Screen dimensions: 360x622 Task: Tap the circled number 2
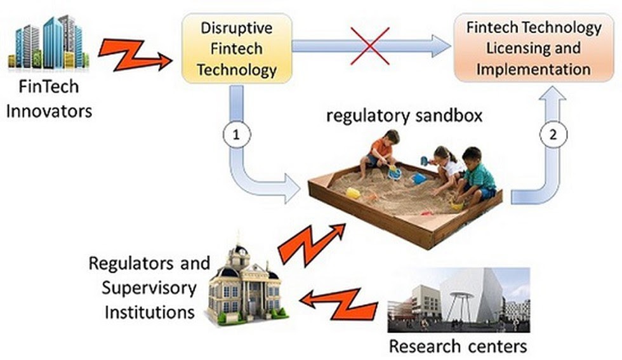click(x=550, y=135)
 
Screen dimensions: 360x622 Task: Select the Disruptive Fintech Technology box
click(x=237, y=48)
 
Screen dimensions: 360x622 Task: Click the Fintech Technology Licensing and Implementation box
click(x=534, y=48)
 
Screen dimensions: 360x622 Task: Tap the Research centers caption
click(x=458, y=346)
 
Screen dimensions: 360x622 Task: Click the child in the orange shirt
click(x=381, y=153)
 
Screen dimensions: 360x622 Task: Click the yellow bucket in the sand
click(x=352, y=192)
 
